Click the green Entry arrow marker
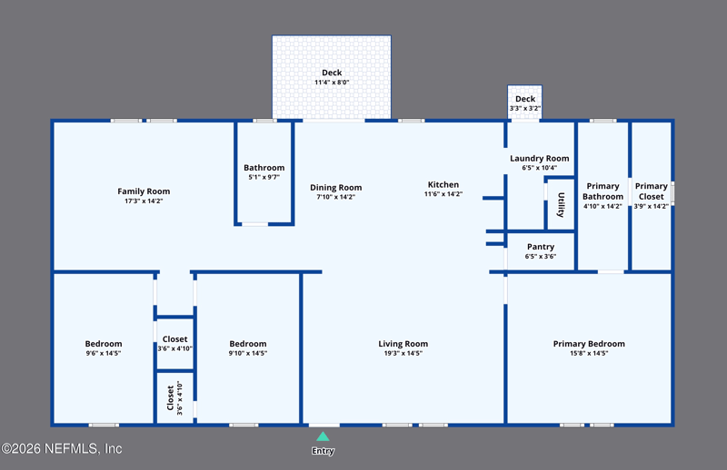pos(323,436)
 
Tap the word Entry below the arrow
pos(323,451)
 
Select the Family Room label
pos(144,191)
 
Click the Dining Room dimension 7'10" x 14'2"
pos(335,197)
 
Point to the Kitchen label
pos(443,184)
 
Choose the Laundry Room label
pos(539,159)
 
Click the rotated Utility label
pos(561,205)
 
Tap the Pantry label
pos(541,247)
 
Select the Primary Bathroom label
pos(603,191)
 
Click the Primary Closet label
pos(651,191)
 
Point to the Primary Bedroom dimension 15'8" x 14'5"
pos(589,353)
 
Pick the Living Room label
pos(403,344)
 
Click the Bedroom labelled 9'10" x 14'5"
pos(247,344)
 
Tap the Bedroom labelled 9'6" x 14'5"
pos(104,344)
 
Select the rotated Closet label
pos(170,398)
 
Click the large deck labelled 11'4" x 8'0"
pos(332,77)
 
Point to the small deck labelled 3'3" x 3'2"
pos(525,102)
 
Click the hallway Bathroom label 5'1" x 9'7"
pos(264,168)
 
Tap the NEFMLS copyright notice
pos(62,449)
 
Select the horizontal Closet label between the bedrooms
pos(174,339)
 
